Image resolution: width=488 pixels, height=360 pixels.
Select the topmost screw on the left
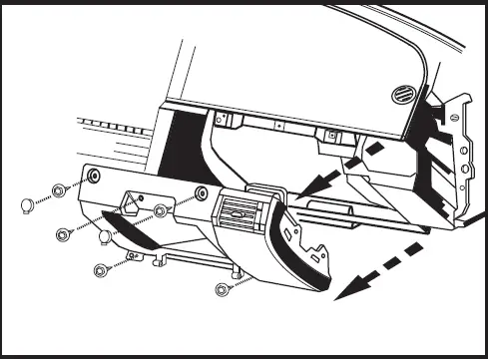click(59, 188)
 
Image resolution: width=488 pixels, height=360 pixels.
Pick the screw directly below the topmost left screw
click(63, 233)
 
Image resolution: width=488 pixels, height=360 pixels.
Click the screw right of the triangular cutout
click(160, 210)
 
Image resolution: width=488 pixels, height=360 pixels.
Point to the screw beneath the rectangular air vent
click(222, 290)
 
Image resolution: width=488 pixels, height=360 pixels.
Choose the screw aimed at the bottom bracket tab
click(100, 270)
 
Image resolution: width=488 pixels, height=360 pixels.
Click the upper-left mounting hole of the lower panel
click(94, 177)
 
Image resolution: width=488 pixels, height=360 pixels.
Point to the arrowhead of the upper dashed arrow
click(303, 187)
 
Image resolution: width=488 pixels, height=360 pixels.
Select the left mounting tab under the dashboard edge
click(229, 122)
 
